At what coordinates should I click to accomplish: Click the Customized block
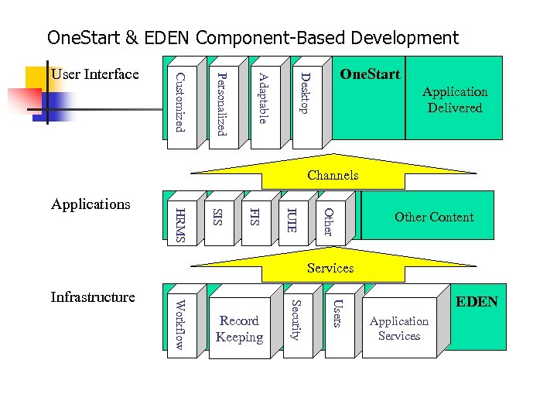(x=179, y=103)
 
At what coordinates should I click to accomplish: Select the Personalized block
(x=221, y=103)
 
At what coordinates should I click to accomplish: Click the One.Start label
(x=371, y=74)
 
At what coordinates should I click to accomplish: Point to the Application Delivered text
(x=455, y=100)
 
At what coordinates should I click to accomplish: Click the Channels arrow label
(x=333, y=175)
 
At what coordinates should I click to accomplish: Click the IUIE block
(x=292, y=220)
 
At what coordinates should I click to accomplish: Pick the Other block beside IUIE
(x=328, y=221)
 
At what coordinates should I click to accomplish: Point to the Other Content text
(x=434, y=217)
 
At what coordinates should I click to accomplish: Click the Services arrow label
(x=330, y=268)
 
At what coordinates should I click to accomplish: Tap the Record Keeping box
(x=239, y=329)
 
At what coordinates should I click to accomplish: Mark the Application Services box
(x=399, y=328)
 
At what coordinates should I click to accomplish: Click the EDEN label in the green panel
(x=477, y=302)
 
